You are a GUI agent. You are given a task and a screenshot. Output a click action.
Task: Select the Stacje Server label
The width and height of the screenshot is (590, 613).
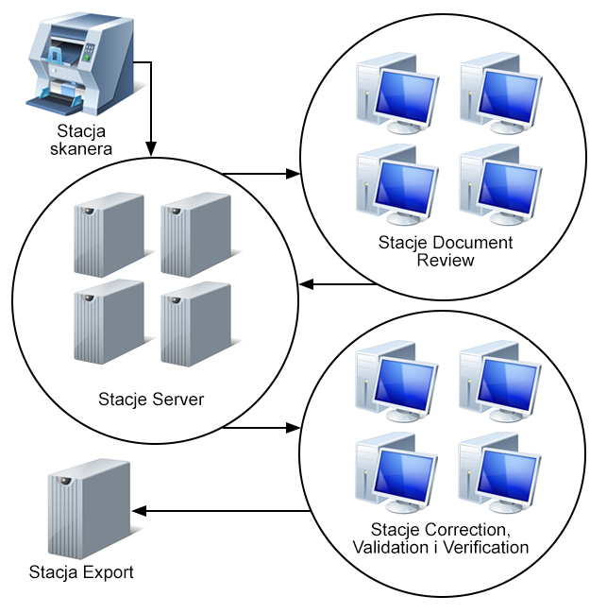[x=151, y=399]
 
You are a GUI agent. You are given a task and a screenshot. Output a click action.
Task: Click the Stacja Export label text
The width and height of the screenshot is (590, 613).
[x=81, y=571]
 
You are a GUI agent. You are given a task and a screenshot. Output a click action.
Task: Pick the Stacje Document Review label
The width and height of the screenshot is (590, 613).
[x=446, y=251]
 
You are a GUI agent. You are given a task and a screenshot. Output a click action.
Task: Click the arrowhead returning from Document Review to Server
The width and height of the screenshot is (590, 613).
[x=305, y=284]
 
